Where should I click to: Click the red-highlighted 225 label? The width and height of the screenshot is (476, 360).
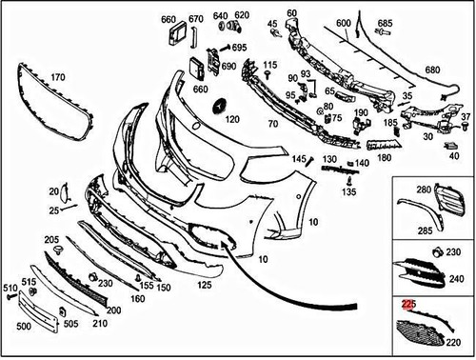[408, 304]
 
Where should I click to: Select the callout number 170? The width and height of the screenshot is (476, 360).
[58, 77]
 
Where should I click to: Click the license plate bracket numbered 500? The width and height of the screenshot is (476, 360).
[37, 311]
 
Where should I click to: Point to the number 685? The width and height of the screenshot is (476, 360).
[385, 23]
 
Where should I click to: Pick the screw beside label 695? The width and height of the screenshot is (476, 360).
[225, 48]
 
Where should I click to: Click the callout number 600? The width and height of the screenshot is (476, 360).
[344, 23]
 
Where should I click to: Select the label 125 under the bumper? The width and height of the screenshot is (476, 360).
[204, 285]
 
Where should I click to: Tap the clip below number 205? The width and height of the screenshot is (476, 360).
[57, 250]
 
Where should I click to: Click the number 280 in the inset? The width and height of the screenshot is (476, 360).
[424, 190]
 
